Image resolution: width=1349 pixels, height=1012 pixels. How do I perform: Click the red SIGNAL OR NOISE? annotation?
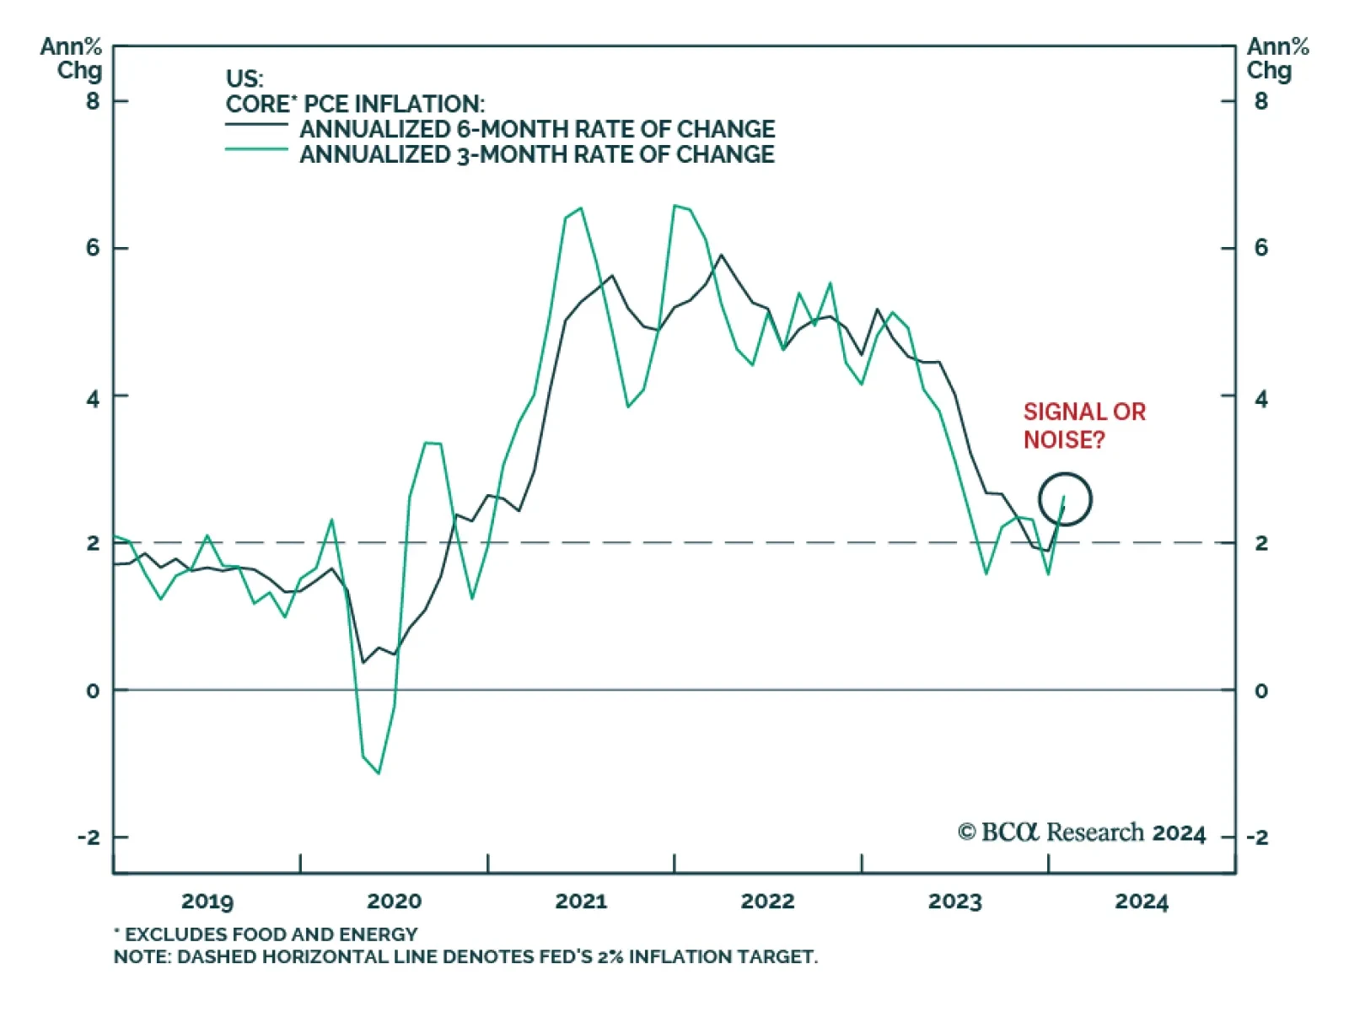coord(1084,425)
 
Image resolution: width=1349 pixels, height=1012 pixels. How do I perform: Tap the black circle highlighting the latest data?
coord(1066,499)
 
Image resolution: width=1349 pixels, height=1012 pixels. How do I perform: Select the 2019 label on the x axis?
coord(207,902)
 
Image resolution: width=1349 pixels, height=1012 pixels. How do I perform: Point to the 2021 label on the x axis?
coord(581,902)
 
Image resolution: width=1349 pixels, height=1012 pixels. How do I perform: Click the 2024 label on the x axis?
coord(1142,902)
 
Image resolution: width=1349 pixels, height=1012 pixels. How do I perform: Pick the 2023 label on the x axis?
coord(955,902)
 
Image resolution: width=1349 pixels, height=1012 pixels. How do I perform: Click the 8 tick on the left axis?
coord(93,101)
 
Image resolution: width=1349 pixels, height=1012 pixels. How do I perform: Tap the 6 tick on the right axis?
coord(1260,248)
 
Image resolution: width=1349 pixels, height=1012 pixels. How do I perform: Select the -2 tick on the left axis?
coord(88,837)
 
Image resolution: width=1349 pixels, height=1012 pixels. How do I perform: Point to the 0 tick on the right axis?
coord(1260,691)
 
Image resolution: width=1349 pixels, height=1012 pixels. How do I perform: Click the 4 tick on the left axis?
coord(93,397)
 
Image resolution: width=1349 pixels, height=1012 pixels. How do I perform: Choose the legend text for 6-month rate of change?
coord(537,129)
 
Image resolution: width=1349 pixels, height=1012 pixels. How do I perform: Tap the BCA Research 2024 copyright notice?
coord(1082,833)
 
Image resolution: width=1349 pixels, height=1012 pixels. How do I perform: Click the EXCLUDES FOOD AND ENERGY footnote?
coord(266,934)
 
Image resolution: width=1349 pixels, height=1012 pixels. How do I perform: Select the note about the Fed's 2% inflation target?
coord(465,957)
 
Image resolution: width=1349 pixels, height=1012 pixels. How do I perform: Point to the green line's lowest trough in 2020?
coord(379,773)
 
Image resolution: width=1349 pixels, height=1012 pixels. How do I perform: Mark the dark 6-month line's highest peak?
coord(721,255)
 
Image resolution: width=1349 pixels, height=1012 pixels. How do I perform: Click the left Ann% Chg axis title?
coord(72,59)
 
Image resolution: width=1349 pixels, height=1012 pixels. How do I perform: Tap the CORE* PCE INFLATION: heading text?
coord(355,104)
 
